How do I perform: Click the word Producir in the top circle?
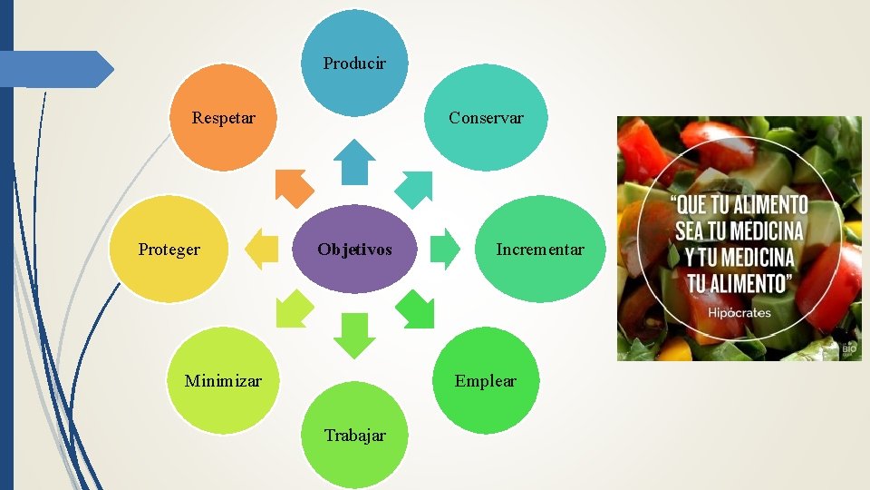pos(354,64)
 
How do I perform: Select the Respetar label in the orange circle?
pos(224,118)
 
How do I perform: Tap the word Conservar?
pos(486,118)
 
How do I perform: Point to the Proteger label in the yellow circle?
pos(169,250)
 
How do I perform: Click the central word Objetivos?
pos(354,250)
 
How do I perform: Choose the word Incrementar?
pos(540,250)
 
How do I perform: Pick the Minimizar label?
pos(223,381)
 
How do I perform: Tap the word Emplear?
pos(486,381)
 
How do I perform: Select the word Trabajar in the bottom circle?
pos(354,436)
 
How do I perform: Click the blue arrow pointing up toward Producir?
pos(354,161)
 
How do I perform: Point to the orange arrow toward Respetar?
pos(294,187)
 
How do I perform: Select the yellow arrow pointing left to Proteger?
pos(263,250)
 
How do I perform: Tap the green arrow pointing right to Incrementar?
pos(445,250)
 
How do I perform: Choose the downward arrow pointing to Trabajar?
pos(354,334)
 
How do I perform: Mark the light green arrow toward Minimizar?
pos(294,309)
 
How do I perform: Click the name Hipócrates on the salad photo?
pos(740,313)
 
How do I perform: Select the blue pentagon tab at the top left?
pos(54,69)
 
